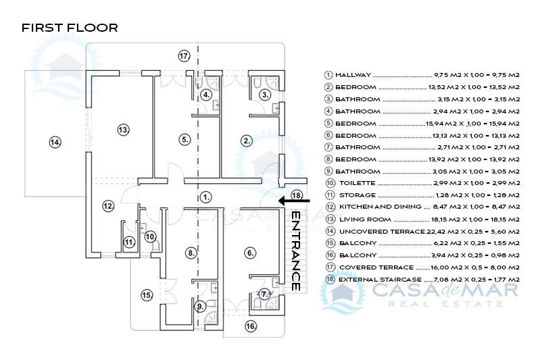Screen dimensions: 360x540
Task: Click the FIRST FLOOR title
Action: [x=70, y=28]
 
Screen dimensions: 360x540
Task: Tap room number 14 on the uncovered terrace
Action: [x=55, y=142]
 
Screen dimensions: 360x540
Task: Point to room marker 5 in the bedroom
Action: [x=185, y=140]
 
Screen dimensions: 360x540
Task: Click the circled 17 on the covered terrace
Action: [x=184, y=55]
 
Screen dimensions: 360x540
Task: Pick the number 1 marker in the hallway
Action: [x=206, y=197]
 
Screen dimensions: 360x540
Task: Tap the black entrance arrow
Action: [x=294, y=201]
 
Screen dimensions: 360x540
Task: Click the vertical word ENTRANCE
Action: [x=295, y=251]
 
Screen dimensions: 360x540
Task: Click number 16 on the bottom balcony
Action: [x=251, y=326]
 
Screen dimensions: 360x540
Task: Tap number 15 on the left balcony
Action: [x=147, y=294]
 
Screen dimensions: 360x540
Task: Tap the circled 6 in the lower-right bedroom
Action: [x=251, y=253]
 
